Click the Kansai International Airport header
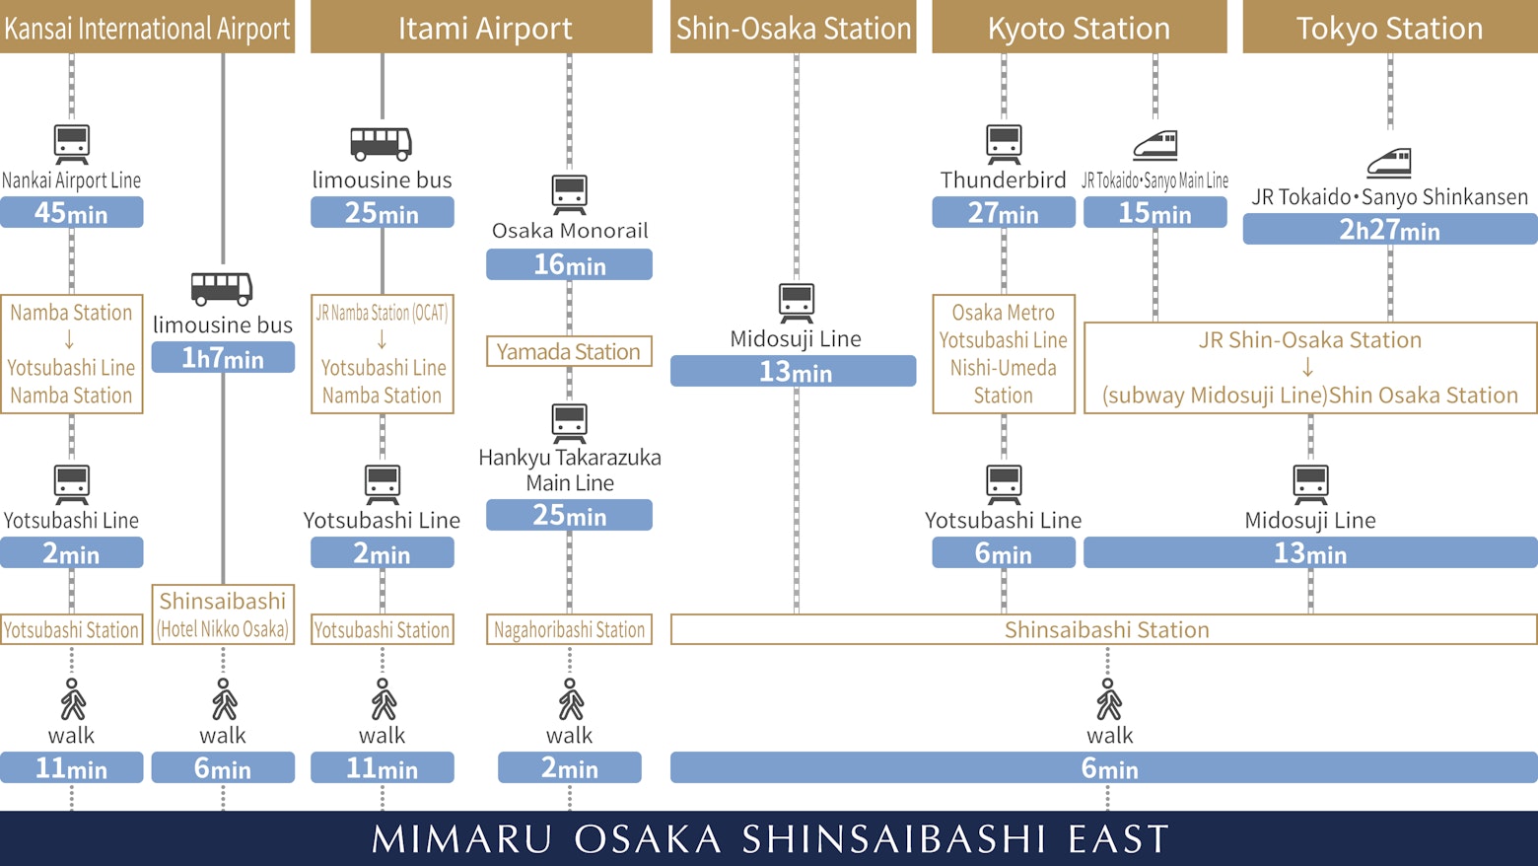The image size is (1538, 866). click(147, 28)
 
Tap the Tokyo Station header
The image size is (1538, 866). click(1389, 28)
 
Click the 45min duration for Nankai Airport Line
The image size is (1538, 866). click(71, 213)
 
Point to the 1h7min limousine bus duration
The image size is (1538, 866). click(223, 358)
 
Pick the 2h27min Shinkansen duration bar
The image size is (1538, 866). click(1389, 230)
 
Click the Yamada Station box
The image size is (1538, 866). click(569, 352)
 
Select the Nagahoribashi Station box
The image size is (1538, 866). click(569, 629)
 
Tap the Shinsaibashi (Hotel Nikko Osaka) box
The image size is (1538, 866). click(223, 614)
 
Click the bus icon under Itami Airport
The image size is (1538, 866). click(382, 144)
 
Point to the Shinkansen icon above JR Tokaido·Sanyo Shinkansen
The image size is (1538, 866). click(1389, 163)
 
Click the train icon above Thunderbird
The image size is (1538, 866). click(1004, 144)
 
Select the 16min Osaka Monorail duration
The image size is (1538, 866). click(569, 264)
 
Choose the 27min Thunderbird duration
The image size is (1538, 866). click(1004, 213)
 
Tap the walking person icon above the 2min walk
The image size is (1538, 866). click(570, 699)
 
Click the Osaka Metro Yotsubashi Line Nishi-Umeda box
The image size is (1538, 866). click(1004, 354)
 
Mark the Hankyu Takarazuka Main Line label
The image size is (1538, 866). click(570, 470)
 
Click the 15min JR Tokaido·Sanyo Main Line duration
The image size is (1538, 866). click(1154, 213)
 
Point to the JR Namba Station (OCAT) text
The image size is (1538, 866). click(382, 314)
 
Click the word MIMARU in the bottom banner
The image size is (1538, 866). click(461, 839)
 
